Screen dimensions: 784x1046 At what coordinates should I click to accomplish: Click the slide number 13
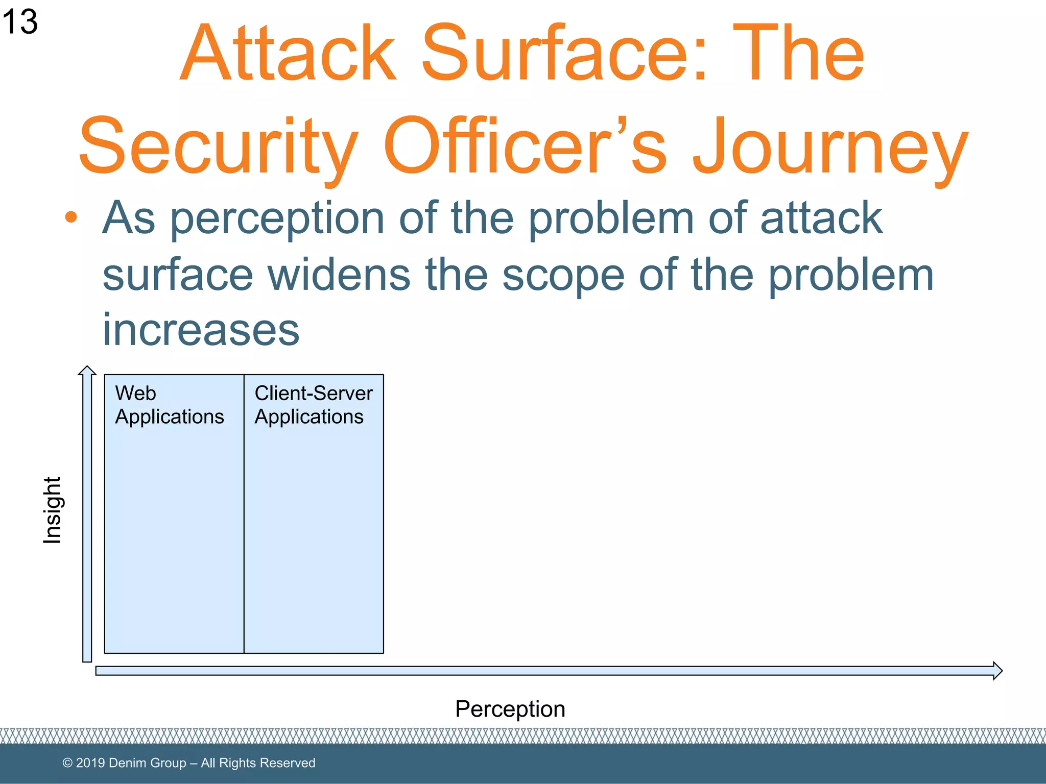pyautogui.click(x=19, y=21)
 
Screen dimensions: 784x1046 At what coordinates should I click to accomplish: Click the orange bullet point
pyautogui.click(x=71, y=217)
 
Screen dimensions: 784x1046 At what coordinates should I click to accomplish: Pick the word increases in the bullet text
pyautogui.click(x=201, y=330)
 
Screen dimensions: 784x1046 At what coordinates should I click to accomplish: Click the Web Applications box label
pyautogui.click(x=169, y=405)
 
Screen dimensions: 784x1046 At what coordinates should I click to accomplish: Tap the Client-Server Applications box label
pyautogui.click(x=313, y=405)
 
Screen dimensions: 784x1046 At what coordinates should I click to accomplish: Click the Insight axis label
pyautogui.click(x=52, y=510)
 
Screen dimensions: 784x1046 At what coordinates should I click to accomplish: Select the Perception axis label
pyautogui.click(x=510, y=709)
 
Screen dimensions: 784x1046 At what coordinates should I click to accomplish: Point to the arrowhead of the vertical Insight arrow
pyautogui.click(x=87, y=370)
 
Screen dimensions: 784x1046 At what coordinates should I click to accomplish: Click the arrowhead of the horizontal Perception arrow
pyautogui.click(x=997, y=671)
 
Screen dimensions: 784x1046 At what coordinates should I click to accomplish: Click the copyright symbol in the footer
pyautogui.click(x=67, y=763)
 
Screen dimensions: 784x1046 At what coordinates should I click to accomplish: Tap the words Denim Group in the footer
pyautogui.click(x=147, y=763)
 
